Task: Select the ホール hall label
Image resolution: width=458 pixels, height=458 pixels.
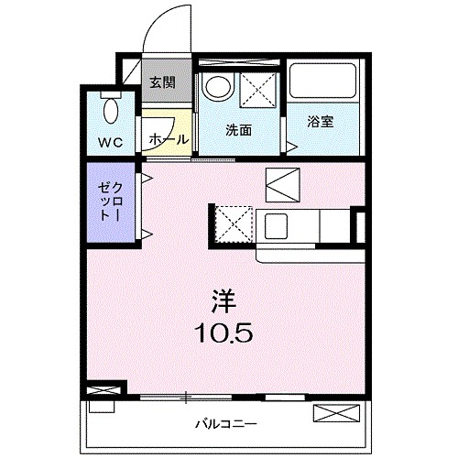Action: pos(168,139)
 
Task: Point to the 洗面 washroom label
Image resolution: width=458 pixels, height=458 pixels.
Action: pos(239,130)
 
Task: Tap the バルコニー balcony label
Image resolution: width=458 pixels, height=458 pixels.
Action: pos(225,423)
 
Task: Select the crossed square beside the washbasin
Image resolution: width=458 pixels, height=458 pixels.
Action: pos(259,91)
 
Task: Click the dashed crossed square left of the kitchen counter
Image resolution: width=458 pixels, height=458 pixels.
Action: pos(233,224)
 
